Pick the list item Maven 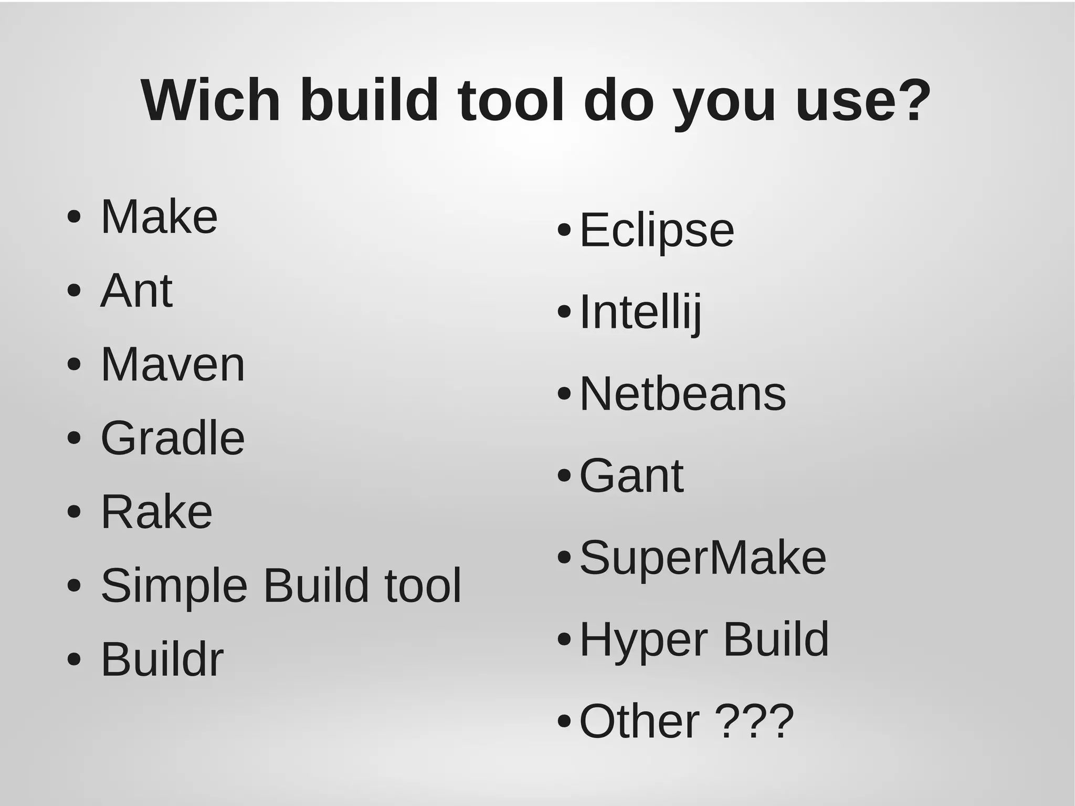(173, 364)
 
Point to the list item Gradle (173, 438)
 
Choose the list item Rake (156, 511)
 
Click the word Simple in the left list (174, 585)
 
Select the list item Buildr (162, 659)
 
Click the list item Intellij (640, 312)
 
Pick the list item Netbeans (682, 394)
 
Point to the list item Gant (631, 476)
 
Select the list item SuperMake (702, 558)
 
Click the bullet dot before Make (74, 217)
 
